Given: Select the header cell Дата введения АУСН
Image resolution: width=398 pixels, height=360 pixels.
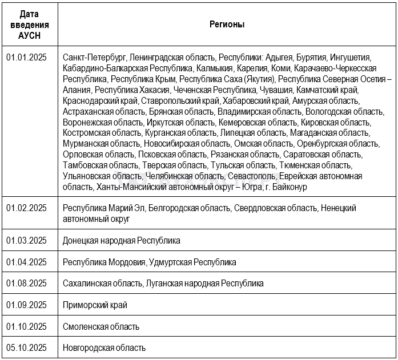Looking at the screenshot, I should click(30, 25).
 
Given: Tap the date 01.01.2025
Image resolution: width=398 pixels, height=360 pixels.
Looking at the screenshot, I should click(26, 58).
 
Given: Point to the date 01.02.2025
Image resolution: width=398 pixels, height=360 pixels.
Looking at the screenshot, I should click(26, 208).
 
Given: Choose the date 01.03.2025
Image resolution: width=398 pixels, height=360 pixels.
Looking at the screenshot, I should click(26, 240).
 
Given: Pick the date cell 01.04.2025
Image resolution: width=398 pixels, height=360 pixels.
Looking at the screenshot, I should click(26, 262).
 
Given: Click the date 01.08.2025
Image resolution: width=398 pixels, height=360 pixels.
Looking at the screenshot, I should click(26, 283).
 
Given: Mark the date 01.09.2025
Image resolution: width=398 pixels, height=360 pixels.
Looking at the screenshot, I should click(26, 305).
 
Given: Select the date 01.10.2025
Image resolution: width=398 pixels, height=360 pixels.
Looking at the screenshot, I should click(26, 326).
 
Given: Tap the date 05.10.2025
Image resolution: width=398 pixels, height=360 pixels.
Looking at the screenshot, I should click(26, 347).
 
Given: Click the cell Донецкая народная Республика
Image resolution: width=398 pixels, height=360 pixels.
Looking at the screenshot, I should click(122, 240).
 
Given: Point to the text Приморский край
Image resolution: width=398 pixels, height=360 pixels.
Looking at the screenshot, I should click(95, 305).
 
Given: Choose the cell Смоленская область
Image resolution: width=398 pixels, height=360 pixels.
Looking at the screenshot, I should click(101, 326).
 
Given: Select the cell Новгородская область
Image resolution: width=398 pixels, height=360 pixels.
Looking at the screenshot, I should click(104, 347).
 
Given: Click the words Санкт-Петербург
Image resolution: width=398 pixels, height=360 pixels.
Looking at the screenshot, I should click(94, 58).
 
